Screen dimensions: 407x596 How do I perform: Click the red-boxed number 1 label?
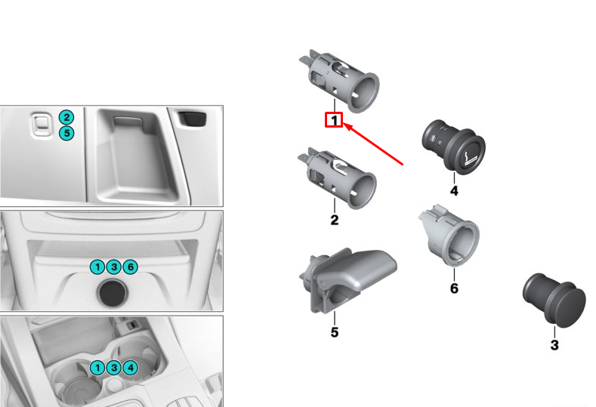coord(334,120)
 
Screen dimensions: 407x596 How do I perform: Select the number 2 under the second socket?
coord(334,220)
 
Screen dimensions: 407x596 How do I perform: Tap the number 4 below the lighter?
coord(454,192)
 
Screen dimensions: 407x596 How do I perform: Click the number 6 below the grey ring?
coord(454,288)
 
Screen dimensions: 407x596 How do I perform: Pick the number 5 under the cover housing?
coord(334,331)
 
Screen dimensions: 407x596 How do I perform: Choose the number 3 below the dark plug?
coord(554,346)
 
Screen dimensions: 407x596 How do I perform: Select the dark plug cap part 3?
coord(554,298)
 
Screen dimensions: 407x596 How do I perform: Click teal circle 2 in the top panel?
coord(67,117)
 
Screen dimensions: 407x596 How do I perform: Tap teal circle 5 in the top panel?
coord(67,134)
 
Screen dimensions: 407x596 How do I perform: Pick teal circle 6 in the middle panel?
coord(130,267)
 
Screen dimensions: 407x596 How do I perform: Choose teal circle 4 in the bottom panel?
coord(131,368)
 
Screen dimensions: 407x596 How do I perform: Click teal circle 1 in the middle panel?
coord(97,267)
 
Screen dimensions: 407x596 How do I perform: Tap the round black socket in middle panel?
coord(113,292)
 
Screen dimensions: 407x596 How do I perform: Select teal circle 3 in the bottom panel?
coord(114,368)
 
